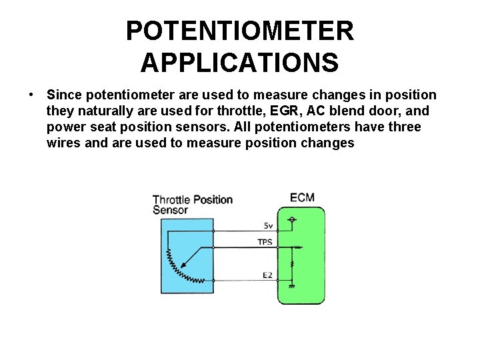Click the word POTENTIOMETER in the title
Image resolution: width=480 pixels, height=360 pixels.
click(x=240, y=31)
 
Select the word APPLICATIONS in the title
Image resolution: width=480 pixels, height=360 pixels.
click(x=240, y=63)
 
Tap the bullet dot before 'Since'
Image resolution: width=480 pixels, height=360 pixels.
click(x=31, y=96)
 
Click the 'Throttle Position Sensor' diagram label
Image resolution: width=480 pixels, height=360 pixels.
click(x=191, y=205)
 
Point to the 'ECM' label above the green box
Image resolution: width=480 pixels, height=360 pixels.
click(x=302, y=197)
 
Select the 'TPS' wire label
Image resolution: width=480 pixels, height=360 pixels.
click(x=265, y=242)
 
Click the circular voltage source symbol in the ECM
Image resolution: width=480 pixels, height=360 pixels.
click(x=291, y=219)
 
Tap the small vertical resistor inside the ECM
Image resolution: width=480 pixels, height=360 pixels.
click(x=291, y=265)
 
